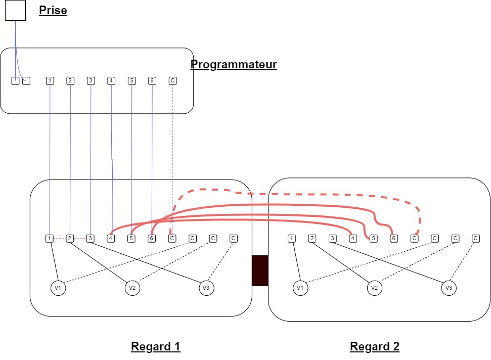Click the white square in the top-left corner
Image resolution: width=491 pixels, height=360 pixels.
(x=15, y=10)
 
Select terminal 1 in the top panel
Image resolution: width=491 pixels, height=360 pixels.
(x=50, y=81)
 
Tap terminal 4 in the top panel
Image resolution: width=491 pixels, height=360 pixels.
(x=111, y=81)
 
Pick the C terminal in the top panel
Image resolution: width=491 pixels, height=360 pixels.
(x=172, y=81)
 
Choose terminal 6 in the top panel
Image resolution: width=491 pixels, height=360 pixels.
(x=152, y=81)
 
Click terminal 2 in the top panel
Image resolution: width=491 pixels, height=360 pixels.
(x=70, y=81)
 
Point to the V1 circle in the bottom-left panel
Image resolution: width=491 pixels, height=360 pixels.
(x=58, y=288)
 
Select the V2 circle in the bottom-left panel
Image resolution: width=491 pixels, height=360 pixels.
(x=132, y=288)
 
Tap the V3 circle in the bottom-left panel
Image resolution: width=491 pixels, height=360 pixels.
(x=206, y=288)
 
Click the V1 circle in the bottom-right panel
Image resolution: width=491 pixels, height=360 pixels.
(x=300, y=288)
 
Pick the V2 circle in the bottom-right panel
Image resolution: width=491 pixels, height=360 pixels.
(x=374, y=288)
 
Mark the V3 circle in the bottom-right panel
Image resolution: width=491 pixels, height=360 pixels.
(x=448, y=288)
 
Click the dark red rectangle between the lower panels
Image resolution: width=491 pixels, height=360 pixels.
(x=260, y=271)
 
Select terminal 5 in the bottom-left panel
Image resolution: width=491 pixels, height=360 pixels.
(x=131, y=239)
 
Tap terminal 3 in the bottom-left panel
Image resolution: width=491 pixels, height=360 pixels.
(x=91, y=239)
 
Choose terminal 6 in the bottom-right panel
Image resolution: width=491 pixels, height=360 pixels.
(x=394, y=239)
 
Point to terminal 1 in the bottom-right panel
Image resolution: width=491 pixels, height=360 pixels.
(x=291, y=239)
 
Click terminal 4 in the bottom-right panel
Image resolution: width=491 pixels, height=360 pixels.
(x=353, y=239)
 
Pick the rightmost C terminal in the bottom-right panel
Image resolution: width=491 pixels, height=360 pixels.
(x=476, y=239)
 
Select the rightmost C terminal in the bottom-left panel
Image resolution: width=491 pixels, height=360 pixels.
(x=234, y=239)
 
